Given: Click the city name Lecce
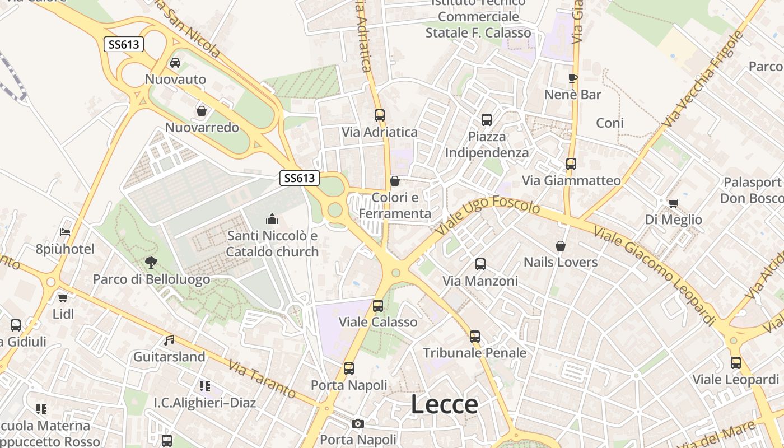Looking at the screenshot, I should pyautogui.click(x=445, y=404).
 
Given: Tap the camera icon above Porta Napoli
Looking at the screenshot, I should pyautogui.click(x=358, y=423).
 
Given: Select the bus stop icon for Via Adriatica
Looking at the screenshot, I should pyautogui.click(x=380, y=115).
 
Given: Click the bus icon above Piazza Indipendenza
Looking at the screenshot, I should pyautogui.click(x=487, y=119).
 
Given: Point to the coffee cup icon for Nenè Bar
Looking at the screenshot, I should pyautogui.click(x=572, y=78).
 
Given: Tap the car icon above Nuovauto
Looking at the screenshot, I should pyautogui.click(x=175, y=63).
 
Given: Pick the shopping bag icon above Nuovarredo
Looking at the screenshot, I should pyautogui.click(x=202, y=111).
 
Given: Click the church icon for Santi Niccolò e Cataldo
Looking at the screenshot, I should pyautogui.click(x=272, y=218).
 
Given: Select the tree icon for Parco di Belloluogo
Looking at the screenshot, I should pyautogui.click(x=151, y=262).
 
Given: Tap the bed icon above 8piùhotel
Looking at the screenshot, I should pyautogui.click(x=66, y=232).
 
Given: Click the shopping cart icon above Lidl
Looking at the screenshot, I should pyautogui.click(x=63, y=297).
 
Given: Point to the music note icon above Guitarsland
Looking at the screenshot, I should pyautogui.click(x=169, y=340).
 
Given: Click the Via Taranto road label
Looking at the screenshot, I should pyautogui.click(x=262, y=379).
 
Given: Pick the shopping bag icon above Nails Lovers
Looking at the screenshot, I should pyautogui.click(x=560, y=245).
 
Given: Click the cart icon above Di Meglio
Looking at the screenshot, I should pyautogui.click(x=673, y=203).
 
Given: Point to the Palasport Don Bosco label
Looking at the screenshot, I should pyautogui.click(x=752, y=190).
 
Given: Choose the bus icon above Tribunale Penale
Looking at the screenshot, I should pyautogui.click(x=475, y=336).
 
